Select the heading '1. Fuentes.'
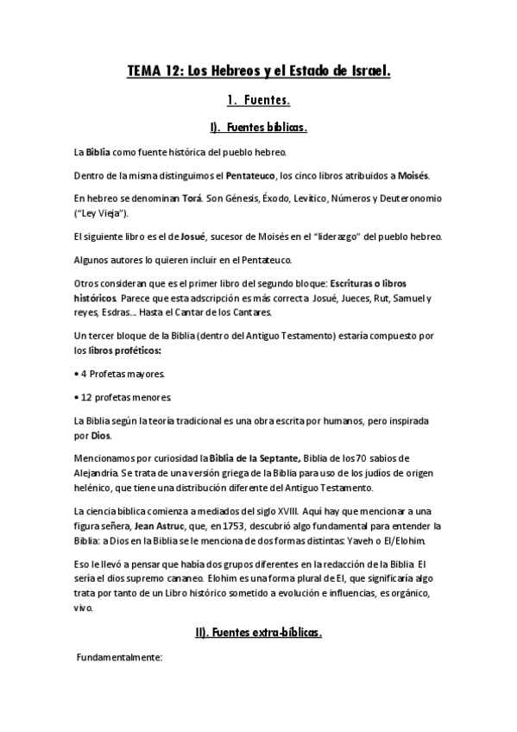point(259,101)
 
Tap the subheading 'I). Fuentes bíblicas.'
point(259,129)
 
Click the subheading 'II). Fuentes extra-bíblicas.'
point(259,633)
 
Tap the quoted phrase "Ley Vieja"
point(103,212)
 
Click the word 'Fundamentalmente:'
point(120,659)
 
